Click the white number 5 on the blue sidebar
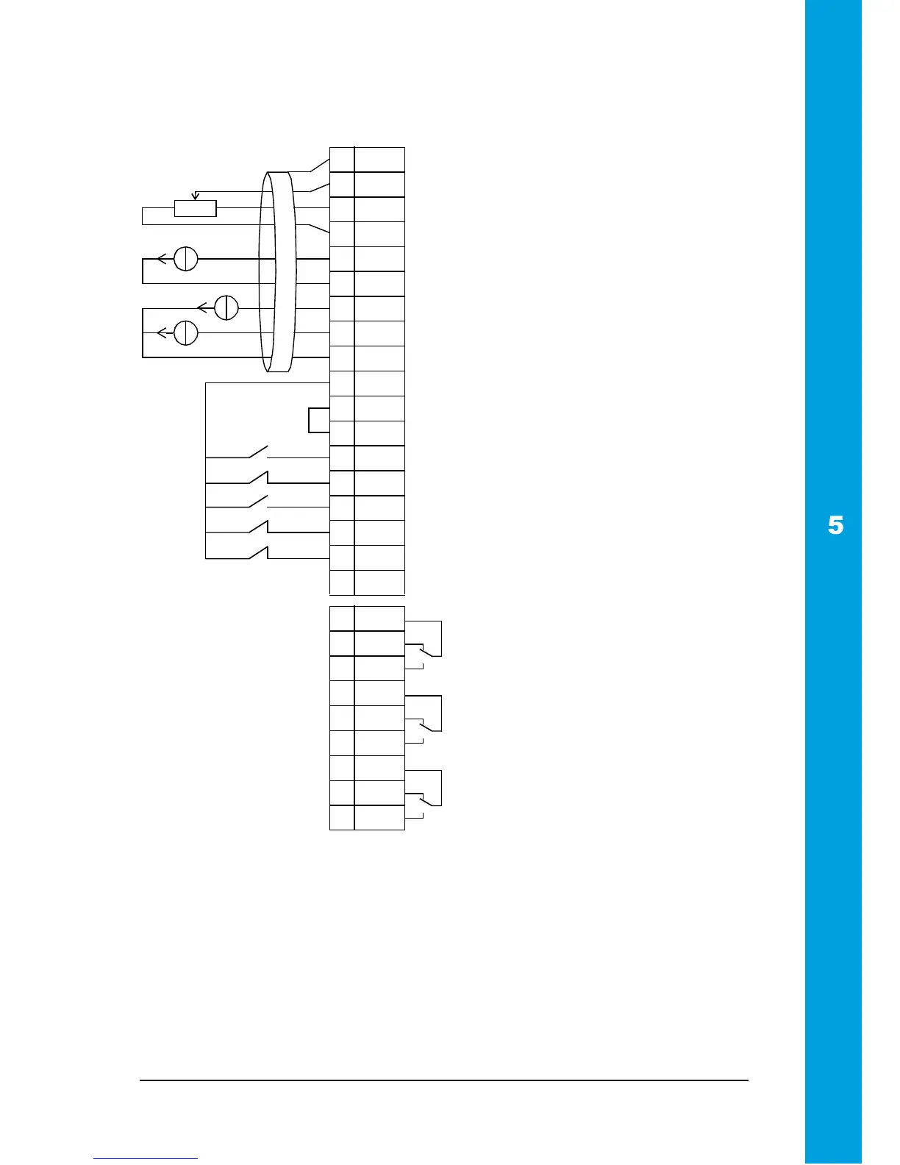pyautogui.click(x=835, y=526)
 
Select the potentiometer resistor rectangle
pyautogui.click(x=196, y=208)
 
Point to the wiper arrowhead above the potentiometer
pyautogui.click(x=195, y=196)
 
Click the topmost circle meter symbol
pyautogui.click(x=186, y=258)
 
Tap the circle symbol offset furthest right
pyautogui.click(x=226, y=307)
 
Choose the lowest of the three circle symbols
pyautogui.click(x=186, y=332)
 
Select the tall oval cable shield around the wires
pyautogui.click(x=277, y=271)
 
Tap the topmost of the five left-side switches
pyautogui.click(x=259, y=452)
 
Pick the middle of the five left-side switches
pyautogui.click(x=259, y=502)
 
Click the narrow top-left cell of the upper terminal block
pyautogui.click(x=342, y=160)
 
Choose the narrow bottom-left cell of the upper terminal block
pyautogui.click(x=342, y=582)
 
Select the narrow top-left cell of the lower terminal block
pyautogui.click(x=342, y=619)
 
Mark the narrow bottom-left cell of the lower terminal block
pyautogui.click(x=342, y=818)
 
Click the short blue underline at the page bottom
pyautogui.click(x=146, y=1158)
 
